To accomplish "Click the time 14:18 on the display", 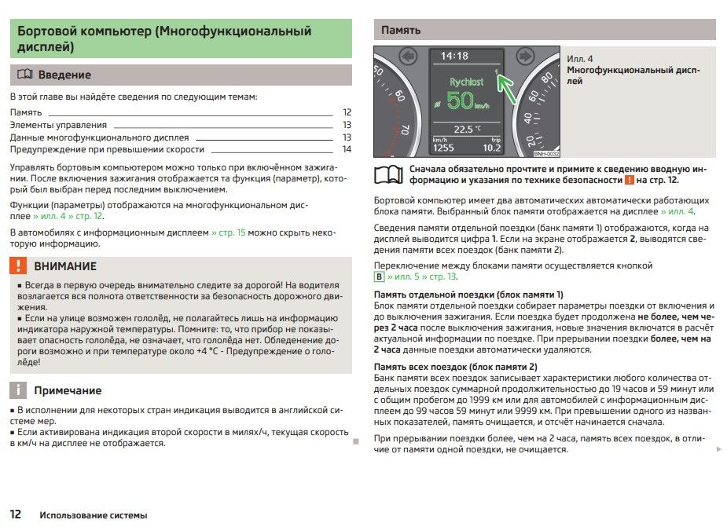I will pyautogui.click(x=454, y=56).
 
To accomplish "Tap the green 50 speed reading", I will pyautogui.click(x=461, y=101).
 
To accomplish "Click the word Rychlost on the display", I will pyautogui.click(x=466, y=82).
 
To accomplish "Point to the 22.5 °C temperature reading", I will pyautogui.click(x=467, y=129).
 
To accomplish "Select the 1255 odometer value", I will pyautogui.click(x=443, y=148).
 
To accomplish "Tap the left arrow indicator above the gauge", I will pyautogui.click(x=407, y=56).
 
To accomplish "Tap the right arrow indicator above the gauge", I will pyautogui.click(x=526, y=56).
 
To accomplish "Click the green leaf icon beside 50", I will pyautogui.click(x=438, y=103).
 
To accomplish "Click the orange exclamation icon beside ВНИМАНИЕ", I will pyautogui.click(x=19, y=265).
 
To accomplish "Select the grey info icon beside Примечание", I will pyautogui.click(x=19, y=390).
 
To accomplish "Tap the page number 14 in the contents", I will pyautogui.click(x=347, y=149).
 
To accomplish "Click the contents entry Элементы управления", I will pyautogui.click(x=58, y=125).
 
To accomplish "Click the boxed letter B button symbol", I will pyautogui.click(x=379, y=276).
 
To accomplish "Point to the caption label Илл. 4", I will pyautogui.click(x=580, y=59).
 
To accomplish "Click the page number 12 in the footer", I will pyautogui.click(x=16, y=514).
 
